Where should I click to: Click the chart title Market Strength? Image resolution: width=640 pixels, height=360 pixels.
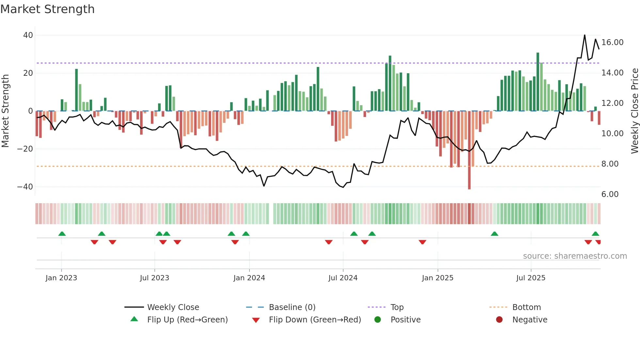tap(47, 9)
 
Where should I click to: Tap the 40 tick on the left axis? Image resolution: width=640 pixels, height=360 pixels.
tap(28, 35)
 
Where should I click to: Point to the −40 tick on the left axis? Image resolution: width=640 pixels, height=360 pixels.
tap(25, 187)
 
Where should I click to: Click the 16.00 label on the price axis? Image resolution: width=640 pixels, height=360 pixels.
tap(612, 42)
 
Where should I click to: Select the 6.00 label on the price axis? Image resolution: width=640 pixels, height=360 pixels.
tap(610, 194)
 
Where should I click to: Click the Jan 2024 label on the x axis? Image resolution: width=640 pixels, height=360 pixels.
tap(249, 278)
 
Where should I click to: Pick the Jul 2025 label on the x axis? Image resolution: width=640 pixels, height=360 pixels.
tap(531, 278)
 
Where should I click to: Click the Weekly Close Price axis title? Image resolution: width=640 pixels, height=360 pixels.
tap(634, 111)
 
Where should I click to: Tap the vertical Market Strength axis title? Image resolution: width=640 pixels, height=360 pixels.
tap(6, 111)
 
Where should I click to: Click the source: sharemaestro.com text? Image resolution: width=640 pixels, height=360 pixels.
tap(575, 256)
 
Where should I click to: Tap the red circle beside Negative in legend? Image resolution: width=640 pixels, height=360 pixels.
tap(499, 320)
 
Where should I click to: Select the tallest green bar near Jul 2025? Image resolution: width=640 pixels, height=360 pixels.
tap(538, 82)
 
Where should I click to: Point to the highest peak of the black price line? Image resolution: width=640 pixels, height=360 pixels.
tap(584, 35)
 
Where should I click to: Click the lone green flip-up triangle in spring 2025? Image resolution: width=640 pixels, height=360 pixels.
tap(494, 234)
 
